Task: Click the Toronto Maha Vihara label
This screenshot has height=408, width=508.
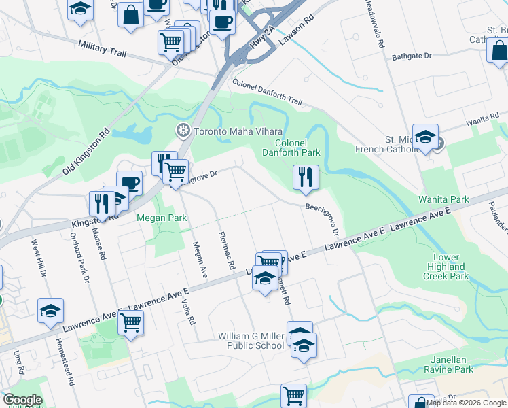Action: coord(238,131)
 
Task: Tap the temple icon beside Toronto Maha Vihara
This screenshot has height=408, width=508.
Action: coord(182,131)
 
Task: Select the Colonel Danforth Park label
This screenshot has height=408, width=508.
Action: coord(297,148)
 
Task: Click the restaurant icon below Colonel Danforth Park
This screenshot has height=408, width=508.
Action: coord(306,177)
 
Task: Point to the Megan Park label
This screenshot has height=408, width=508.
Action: coord(162,218)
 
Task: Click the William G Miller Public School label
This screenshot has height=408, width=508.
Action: coord(251,341)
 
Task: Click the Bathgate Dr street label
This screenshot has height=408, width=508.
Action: coord(412,57)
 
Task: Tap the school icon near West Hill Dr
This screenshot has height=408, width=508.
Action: coord(50,310)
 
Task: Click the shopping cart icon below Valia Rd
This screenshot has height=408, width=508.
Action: coord(130,322)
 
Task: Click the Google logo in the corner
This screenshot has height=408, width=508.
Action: coord(22,400)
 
